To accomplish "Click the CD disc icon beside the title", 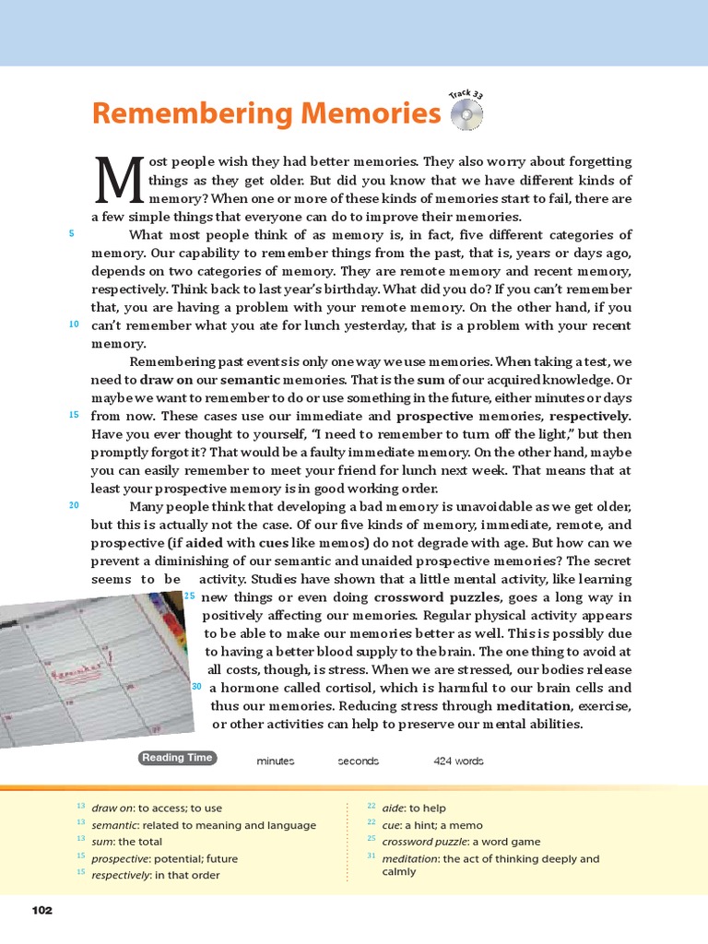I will [466, 115].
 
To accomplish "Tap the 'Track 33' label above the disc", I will [466, 94].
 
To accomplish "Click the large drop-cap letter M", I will [119, 180].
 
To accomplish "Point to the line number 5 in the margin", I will [71, 234].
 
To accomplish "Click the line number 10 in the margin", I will [74, 324].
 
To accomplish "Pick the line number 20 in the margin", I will [74, 505].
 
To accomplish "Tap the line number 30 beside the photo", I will [196, 687].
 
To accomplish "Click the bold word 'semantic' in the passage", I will [250, 380].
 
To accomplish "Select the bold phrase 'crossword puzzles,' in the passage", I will [429, 597].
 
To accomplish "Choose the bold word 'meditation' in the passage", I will [535, 706].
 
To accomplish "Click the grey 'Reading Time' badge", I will [177, 758].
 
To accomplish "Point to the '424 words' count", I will [458, 761].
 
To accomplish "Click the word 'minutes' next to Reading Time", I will [276, 761].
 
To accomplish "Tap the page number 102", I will [41, 911].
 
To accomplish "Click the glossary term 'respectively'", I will [123, 875].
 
